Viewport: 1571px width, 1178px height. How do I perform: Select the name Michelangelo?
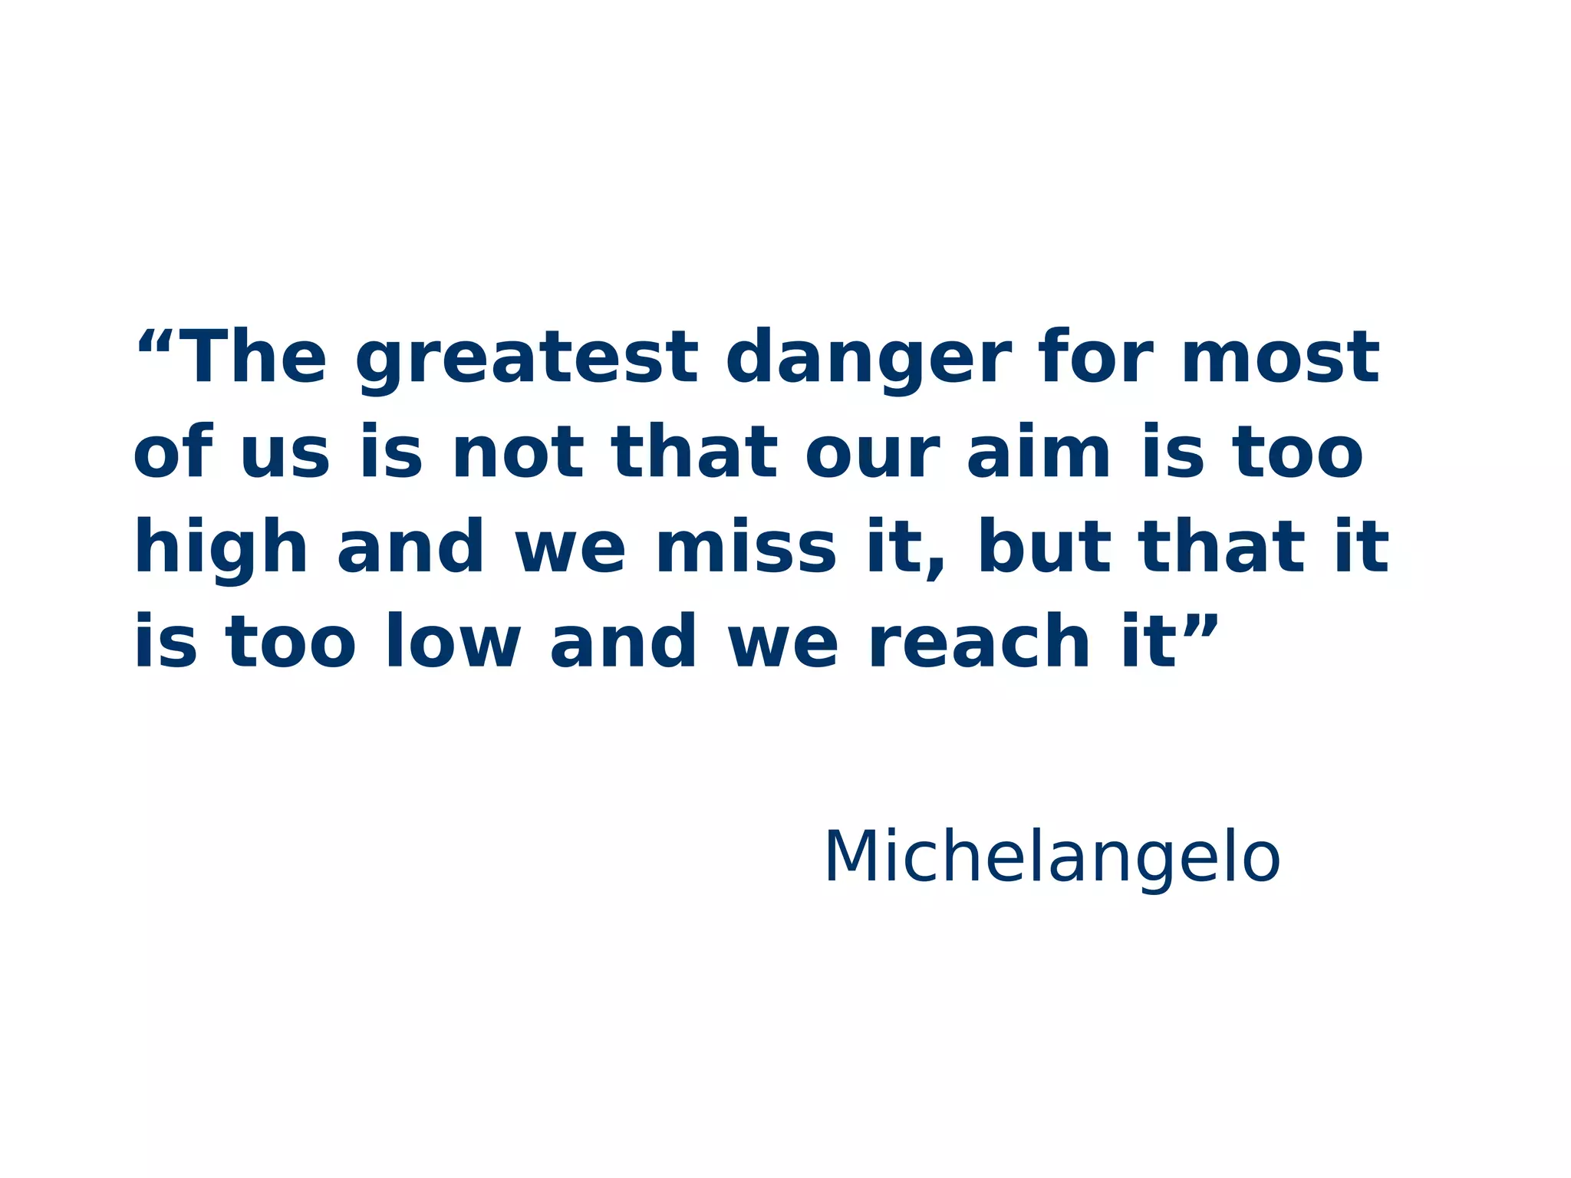(1052, 857)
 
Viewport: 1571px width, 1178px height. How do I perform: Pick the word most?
(1280, 359)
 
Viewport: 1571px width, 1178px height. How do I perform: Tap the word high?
(221, 548)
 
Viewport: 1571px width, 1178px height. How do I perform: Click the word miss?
(746, 547)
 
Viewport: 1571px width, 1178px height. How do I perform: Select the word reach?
(980, 642)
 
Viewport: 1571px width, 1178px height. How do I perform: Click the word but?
(1045, 547)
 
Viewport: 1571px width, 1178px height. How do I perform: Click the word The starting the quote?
(255, 359)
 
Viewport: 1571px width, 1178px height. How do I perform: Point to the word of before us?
(173, 452)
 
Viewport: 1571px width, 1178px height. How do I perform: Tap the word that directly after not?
(693, 452)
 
